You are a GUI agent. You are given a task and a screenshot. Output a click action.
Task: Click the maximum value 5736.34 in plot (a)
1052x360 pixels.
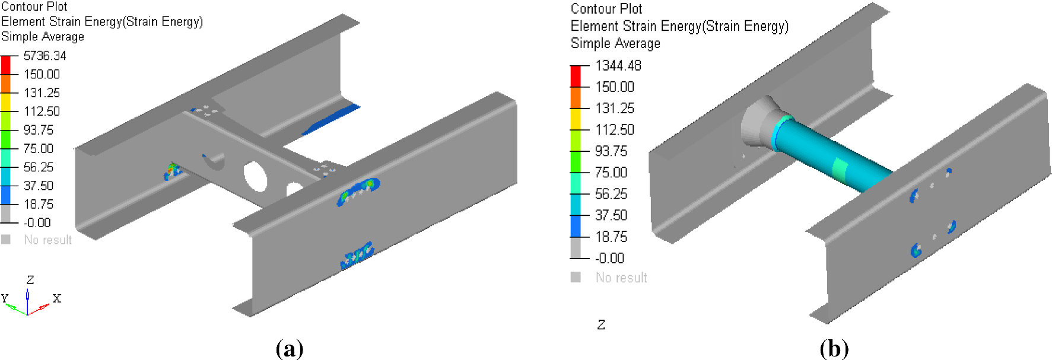(x=45, y=56)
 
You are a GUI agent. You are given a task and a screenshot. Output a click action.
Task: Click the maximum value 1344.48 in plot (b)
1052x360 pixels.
(x=618, y=66)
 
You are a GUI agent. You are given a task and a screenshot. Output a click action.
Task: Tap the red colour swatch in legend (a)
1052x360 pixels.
(x=5, y=65)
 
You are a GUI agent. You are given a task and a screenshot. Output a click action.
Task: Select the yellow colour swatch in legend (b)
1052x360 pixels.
(x=576, y=119)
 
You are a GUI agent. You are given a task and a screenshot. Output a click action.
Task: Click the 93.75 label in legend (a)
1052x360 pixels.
(x=39, y=130)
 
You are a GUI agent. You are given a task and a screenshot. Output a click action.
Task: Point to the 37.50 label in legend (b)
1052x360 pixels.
(x=611, y=215)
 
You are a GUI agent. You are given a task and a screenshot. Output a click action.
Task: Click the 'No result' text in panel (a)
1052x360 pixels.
(x=47, y=240)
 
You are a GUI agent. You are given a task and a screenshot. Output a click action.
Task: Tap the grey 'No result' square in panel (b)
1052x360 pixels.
(x=576, y=277)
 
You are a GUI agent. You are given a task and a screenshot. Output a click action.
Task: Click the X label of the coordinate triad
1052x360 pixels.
(x=57, y=298)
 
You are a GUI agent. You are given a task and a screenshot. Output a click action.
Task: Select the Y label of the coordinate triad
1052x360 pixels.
(x=5, y=298)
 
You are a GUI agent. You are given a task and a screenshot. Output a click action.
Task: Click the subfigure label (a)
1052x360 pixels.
(x=290, y=349)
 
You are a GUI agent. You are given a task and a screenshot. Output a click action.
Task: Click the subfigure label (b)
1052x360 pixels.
(x=834, y=349)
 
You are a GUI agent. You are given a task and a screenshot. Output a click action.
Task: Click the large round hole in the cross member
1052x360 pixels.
(x=255, y=176)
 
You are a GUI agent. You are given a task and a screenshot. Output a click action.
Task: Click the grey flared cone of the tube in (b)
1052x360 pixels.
(x=757, y=122)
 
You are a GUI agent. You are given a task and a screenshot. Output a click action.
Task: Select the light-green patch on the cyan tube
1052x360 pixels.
(x=840, y=170)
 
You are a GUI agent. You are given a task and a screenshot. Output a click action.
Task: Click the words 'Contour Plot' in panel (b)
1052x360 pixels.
(x=606, y=9)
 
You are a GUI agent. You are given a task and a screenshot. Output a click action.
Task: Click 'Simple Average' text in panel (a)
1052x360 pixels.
(x=43, y=37)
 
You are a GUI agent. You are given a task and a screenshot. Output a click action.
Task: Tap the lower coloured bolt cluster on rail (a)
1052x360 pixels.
(x=357, y=255)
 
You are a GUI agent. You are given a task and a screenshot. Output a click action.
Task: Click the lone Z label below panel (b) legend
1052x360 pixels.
(x=601, y=325)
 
